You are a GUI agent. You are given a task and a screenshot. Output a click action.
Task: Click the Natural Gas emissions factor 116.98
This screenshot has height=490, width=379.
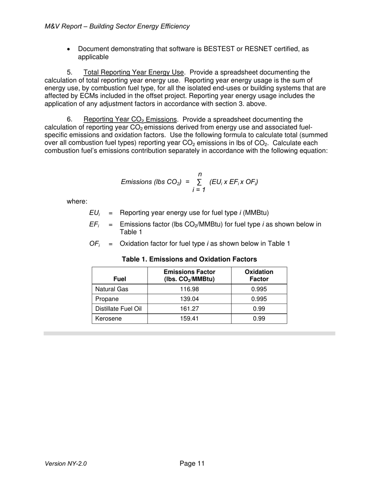189,289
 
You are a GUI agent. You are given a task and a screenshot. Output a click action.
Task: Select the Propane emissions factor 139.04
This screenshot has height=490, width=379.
189,299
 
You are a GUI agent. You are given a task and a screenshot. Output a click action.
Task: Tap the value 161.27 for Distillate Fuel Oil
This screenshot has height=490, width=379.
189,309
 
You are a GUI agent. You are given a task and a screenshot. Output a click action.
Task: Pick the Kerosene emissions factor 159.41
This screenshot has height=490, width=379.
189,319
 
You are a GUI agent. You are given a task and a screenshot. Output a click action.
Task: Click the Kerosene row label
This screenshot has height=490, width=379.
109,319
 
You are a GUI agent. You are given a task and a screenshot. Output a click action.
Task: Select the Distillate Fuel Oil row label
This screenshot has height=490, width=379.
118,309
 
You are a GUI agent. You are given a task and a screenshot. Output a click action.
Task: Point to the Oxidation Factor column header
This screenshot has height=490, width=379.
259,275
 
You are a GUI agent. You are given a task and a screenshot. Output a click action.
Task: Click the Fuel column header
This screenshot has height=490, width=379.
120,279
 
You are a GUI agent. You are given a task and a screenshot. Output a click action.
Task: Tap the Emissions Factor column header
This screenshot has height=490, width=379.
189,275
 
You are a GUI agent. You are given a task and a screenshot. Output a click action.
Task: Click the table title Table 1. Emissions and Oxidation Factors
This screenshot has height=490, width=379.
189,259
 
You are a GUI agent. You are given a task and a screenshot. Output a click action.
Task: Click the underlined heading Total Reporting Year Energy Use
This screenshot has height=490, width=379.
134,73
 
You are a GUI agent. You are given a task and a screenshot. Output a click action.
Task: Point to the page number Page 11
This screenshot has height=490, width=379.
192,463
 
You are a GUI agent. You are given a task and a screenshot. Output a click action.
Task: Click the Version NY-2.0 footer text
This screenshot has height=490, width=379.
66,464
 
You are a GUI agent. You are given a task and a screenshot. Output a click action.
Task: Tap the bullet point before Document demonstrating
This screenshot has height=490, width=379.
69,49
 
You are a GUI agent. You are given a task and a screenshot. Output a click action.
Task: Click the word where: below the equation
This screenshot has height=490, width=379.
77,202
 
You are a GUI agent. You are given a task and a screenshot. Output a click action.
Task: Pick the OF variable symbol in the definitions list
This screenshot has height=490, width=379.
94,244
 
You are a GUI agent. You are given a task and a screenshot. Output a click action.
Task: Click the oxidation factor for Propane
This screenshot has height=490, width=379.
259,299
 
